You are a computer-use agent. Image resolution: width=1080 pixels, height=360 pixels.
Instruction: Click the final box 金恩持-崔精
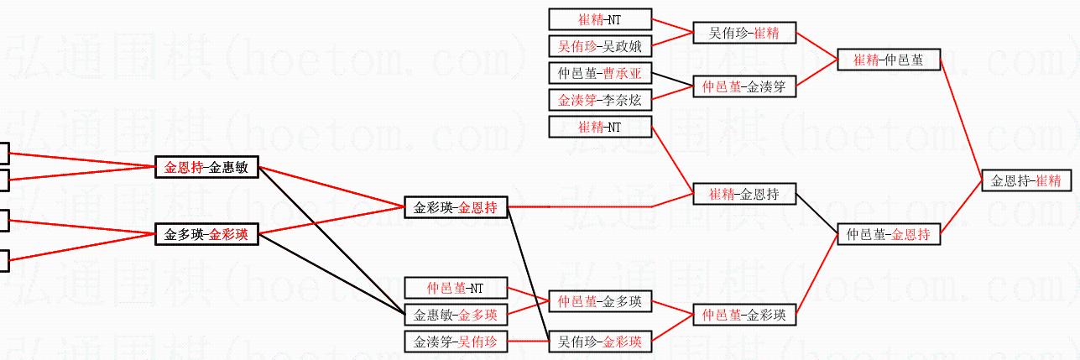(x=1025, y=180)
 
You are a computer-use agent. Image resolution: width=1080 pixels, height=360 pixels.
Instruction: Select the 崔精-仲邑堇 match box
(x=888, y=60)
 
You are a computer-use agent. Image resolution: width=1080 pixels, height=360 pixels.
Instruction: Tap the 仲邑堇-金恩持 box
(x=888, y=235)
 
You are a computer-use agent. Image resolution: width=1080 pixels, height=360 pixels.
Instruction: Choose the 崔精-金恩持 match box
(x=743, y=195)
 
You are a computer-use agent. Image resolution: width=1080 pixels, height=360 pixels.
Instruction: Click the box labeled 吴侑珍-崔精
(x=743, y=34)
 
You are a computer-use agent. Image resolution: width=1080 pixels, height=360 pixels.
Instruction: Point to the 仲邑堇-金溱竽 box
(x=743, y=86)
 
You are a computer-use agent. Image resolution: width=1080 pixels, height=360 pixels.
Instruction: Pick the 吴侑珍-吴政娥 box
(x=599, y=45)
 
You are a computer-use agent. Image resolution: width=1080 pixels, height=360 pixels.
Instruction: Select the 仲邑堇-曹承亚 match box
(x=599, y=73)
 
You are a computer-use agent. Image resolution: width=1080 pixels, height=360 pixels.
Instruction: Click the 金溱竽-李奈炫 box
(x=599, y=100)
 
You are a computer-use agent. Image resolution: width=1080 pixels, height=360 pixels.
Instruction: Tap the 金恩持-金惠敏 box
(x=206, y=167)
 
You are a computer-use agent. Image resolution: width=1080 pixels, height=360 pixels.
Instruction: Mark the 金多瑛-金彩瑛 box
(x=206, y=234)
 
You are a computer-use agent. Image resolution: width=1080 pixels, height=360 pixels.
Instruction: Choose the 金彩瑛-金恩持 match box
(x=455, y=206)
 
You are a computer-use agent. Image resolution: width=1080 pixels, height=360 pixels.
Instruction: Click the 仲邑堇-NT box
(x=455, y=289)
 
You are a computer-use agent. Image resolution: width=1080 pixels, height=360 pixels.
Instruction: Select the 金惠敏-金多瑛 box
(x=455, y=316)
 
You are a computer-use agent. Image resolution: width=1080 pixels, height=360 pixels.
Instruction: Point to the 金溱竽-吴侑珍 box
(x=455, y=342)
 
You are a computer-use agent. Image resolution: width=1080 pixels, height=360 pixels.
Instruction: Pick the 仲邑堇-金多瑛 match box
(x=599, y=301)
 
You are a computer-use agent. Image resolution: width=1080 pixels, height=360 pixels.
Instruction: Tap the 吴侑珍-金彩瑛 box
(x=599, y=342)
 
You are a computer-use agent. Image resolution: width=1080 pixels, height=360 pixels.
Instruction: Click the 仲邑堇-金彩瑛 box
(x=743, y=316)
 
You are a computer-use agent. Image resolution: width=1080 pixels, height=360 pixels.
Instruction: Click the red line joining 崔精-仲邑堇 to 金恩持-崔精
(x=960, y=120)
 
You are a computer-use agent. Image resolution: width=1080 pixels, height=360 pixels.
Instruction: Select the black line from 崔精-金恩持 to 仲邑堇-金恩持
(x=816, y=215)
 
